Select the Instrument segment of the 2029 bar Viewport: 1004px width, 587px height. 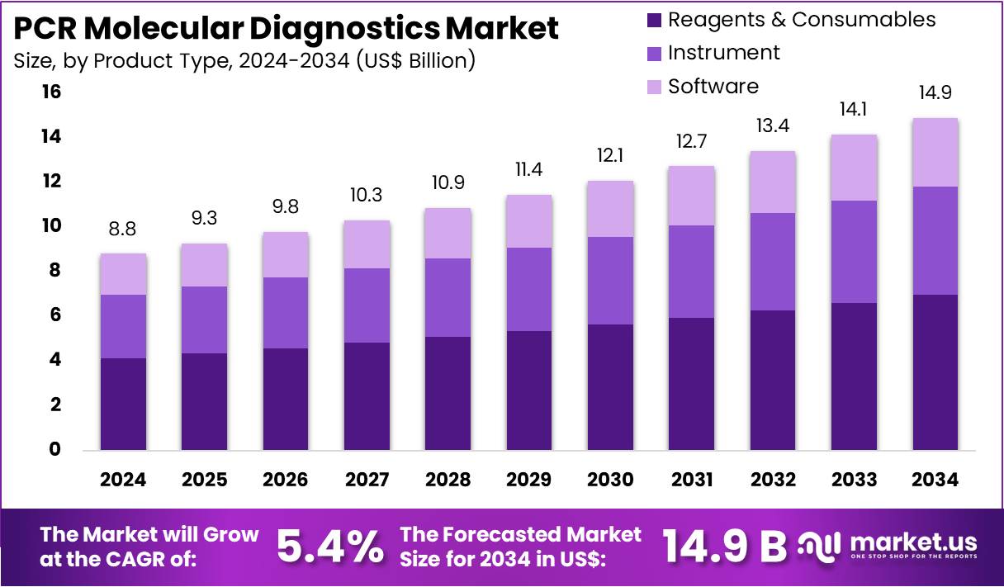tap(528, 289)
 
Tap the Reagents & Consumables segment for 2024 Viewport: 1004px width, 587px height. tap(123, 404)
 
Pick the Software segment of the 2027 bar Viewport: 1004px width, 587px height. tap(367, 244)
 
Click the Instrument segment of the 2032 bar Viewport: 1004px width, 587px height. tap(772, 262)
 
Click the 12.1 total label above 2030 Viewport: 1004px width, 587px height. tap(610, 155)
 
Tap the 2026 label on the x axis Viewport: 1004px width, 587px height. tap(286, 480)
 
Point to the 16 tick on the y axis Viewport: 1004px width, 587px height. tap(51, 92)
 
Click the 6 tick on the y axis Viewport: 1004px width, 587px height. tap(55, 315)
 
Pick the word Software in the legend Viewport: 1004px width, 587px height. tap(713, 87)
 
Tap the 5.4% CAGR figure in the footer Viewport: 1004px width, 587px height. tap(329, 545)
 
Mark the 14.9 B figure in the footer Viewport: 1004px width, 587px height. tap(725, 545)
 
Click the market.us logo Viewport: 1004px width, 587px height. tap(888, 545)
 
